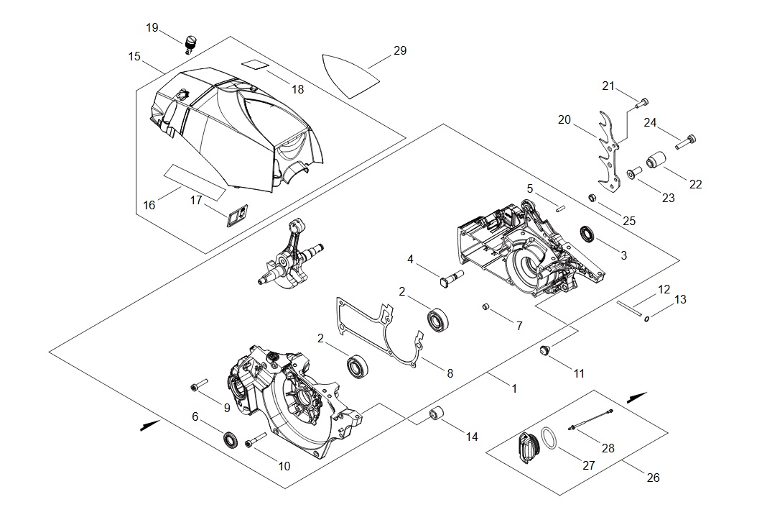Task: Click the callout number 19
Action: pos(152,28)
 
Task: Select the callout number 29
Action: pos(400,50)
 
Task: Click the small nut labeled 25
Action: pos(591,198)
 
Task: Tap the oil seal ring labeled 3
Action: pos(587,233)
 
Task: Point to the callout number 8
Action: pos(450,373)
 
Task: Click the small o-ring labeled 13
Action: pos(647,319)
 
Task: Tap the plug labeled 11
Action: pos(544,350)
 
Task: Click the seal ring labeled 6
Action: pos(231,439)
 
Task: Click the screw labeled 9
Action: pos(199,385)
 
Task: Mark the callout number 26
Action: pos(653,477)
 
